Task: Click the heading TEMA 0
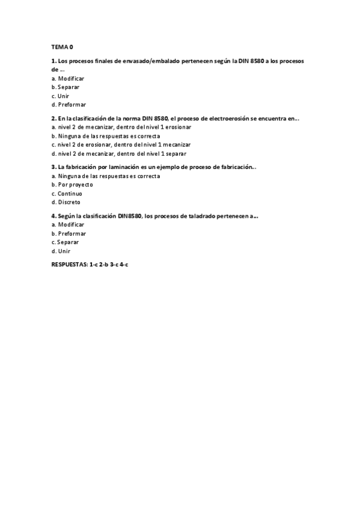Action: (x=62, y=46)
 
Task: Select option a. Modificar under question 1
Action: (x=68, y=78)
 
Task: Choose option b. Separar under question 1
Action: (x=66, y=87)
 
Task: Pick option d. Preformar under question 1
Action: (x=69, y=104)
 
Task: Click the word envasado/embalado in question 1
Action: (x=153, y=61)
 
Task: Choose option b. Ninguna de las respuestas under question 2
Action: (x=105, y=136)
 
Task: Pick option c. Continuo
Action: (x=67, y=194)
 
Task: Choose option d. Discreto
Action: (x=66, y=202)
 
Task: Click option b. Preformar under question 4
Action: (x=69, y=233)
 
